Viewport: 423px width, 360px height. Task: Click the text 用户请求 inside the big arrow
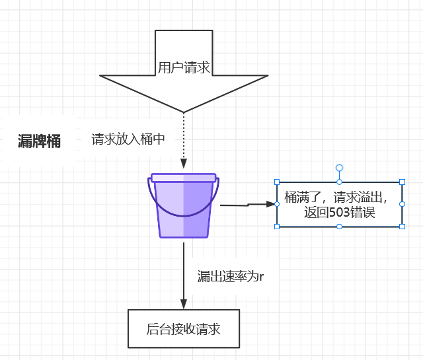pos(184,67)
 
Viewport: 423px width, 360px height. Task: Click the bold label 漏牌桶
pos(39,141)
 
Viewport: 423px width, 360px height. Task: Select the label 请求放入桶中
pos(128,139)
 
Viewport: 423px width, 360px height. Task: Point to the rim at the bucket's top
pos(184,177)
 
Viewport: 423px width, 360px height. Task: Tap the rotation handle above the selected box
pos(340,168)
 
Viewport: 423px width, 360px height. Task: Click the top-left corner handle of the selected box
pos(277,182)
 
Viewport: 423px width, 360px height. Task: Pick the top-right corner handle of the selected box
pos(402,182)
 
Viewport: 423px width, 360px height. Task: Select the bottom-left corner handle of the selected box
pos(277,227)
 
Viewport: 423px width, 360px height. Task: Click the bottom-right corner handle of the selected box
pos(402,227)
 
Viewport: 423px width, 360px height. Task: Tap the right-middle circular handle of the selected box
pos(402,204)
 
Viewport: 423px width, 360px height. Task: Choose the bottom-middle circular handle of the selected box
pos(340,227)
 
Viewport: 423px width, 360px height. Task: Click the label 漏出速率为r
pos(231,276)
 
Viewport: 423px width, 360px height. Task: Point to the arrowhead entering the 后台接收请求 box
pos(184,303)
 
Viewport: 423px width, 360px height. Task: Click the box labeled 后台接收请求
pos(183,328)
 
